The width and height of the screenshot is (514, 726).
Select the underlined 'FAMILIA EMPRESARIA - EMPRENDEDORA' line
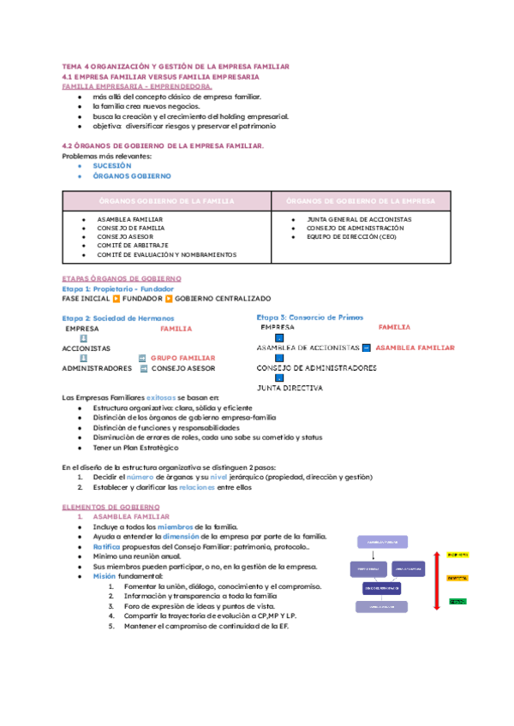[138, 86]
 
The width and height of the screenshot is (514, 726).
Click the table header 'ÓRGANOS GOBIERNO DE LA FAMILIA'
[166, 200]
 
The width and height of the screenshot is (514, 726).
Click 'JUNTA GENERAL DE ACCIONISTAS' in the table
[358, 219]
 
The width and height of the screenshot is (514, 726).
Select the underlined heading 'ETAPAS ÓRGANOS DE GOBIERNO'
[122, 279]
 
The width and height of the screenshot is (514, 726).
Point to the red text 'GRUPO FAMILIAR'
[182, 358]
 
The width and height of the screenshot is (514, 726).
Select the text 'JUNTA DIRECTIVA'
[290, 388]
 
